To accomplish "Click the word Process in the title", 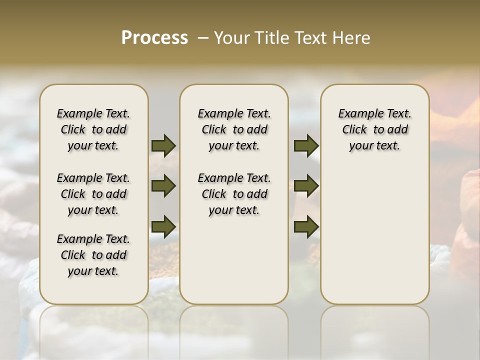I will pos(154,38).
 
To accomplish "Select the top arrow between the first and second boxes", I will pos(163,145).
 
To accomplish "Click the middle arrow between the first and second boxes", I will pos(163,186).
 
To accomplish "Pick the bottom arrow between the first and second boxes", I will pos(163,226).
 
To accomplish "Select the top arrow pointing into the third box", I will pos(306,145).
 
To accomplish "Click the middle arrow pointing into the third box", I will pos(306,186).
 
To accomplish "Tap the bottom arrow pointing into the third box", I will pos(306,226).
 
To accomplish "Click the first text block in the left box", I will pos(93,129).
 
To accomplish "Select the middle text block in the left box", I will pos(93,194).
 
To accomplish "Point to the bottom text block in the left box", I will pos(93,255).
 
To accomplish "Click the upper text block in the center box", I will pos(234,129).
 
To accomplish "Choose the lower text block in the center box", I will pos(234,194).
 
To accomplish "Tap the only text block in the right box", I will pos(375,129).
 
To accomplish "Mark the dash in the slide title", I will pos(203,38).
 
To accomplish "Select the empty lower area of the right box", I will pos(375,240).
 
